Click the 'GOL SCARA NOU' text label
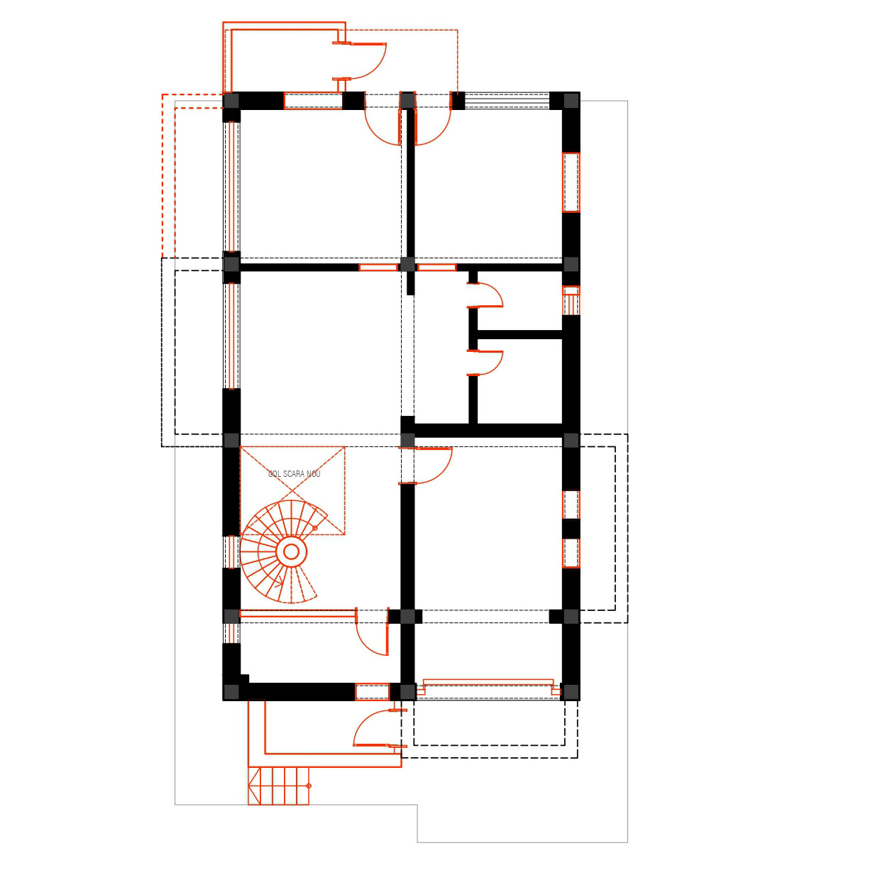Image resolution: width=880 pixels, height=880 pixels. [294, 474]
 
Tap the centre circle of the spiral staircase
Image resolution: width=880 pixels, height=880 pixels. [292, 551]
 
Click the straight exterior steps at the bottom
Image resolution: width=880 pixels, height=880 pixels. [279, 786]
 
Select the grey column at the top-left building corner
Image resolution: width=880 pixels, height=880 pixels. [231, 101]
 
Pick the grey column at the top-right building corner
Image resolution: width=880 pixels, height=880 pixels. [571, 101]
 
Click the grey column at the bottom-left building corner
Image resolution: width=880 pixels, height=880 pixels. [231, 692]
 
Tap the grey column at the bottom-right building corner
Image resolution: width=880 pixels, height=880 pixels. [571, 692]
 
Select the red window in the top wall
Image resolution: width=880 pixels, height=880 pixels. [313, 101]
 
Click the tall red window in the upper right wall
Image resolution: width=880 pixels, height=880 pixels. [571, 182]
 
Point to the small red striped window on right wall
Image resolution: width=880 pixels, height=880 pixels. [571, 300]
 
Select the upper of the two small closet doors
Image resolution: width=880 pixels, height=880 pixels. [485, 295]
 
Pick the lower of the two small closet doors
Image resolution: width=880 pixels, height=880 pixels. [485, 363]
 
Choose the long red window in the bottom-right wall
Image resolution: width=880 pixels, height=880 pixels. [488, 688]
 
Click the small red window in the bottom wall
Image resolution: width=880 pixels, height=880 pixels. [373, 692]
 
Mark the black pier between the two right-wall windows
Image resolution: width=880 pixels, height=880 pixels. [571, 529]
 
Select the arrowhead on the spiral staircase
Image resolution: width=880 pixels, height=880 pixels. [279, 584]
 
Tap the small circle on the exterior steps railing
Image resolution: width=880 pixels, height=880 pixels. [309, 786]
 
